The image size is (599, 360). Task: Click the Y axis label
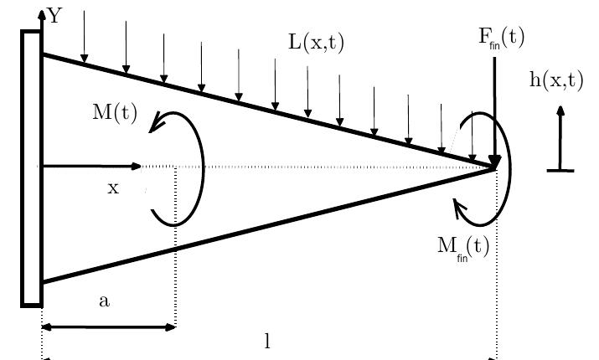tap(54, 15)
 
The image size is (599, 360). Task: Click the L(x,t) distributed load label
tap(317, 42)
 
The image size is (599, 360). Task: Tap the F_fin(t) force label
tap(502, 38)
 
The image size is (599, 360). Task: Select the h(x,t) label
tap(556, 80)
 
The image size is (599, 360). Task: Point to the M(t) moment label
tap(115, 113)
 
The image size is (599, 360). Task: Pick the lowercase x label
tap(113, 188)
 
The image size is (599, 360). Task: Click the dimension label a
tap(104, 301)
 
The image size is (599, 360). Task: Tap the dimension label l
tap(267, 341)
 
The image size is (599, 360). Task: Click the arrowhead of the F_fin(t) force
tap(495, 160)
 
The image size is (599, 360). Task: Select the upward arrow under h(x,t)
tap(560, 134)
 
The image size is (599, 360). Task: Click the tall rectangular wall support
tap(31, 167)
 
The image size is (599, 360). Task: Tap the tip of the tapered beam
tap(496, 167)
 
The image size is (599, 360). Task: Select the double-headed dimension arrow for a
tap(108, 327)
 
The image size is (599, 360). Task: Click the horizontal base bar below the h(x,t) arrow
tap(560, 171)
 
